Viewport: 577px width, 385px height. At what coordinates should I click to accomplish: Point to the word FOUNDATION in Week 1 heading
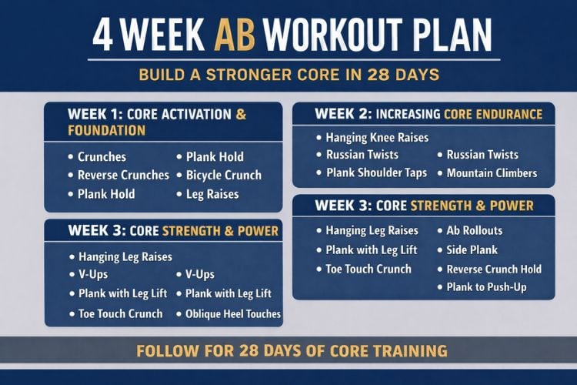click(106, 130)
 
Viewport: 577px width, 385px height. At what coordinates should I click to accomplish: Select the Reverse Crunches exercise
click(123, 175)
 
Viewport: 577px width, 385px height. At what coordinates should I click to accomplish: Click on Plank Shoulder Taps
click(376, 172)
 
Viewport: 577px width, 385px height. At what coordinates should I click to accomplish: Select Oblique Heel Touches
click(233, 313)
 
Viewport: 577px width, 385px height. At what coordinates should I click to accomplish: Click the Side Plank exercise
click(472, 249)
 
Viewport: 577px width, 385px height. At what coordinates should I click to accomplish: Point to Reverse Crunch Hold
click(494, 269)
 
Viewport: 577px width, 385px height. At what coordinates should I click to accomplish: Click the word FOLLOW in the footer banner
click(165, 351)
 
